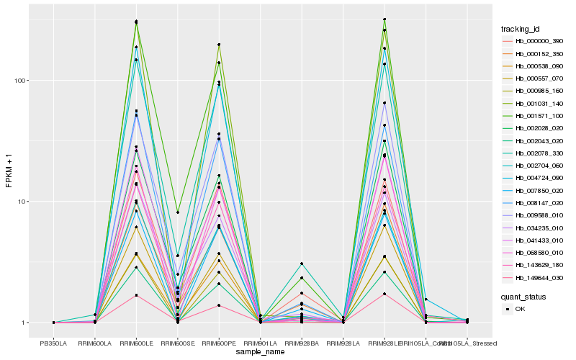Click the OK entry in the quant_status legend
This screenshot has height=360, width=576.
pos(520,309)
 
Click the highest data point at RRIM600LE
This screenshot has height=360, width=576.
pos(136,22)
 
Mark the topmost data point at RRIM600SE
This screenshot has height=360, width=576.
pos(178,212)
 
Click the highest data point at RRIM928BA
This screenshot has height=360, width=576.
pos(302,264)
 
